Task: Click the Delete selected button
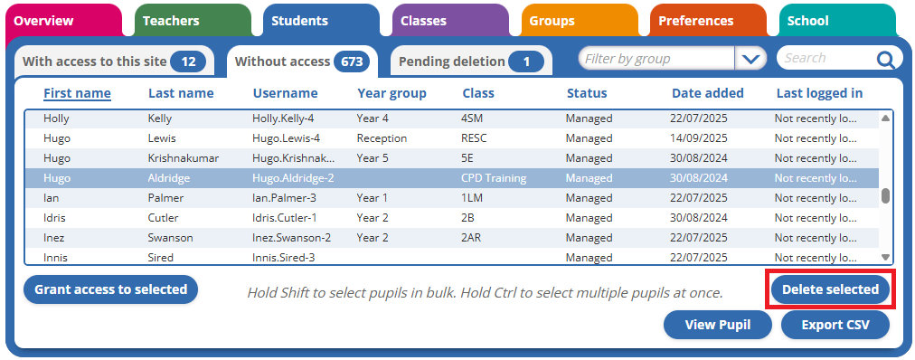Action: [830, 289]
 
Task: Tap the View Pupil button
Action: [717, 325]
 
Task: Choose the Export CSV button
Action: [835, 325]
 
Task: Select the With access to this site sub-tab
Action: [114, 62]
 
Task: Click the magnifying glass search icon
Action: [884, 59]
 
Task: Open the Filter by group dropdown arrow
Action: [750, 59]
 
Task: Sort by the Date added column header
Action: [707, 93]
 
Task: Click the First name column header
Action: [77, 93]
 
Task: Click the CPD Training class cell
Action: [493, 178]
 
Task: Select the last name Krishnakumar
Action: [184, 158]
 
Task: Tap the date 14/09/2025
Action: [699, 138]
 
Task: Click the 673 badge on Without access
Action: [352, 62]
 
